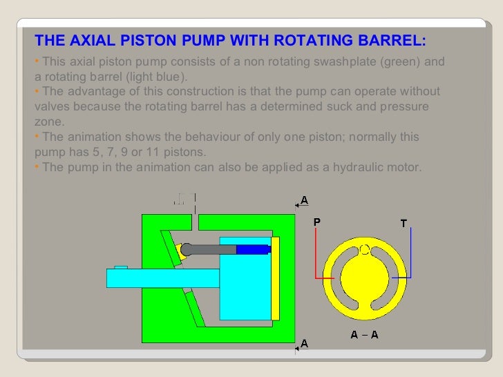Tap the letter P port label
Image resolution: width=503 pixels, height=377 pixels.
coord(317,222)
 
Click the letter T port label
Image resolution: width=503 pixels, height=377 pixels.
coord(404,223)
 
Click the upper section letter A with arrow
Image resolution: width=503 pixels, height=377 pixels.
coord(304,201)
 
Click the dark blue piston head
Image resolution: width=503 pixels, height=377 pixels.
coord(253,250)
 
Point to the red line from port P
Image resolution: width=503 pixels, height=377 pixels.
coord(317,255)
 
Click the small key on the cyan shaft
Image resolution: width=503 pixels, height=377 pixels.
coord(120,267)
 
